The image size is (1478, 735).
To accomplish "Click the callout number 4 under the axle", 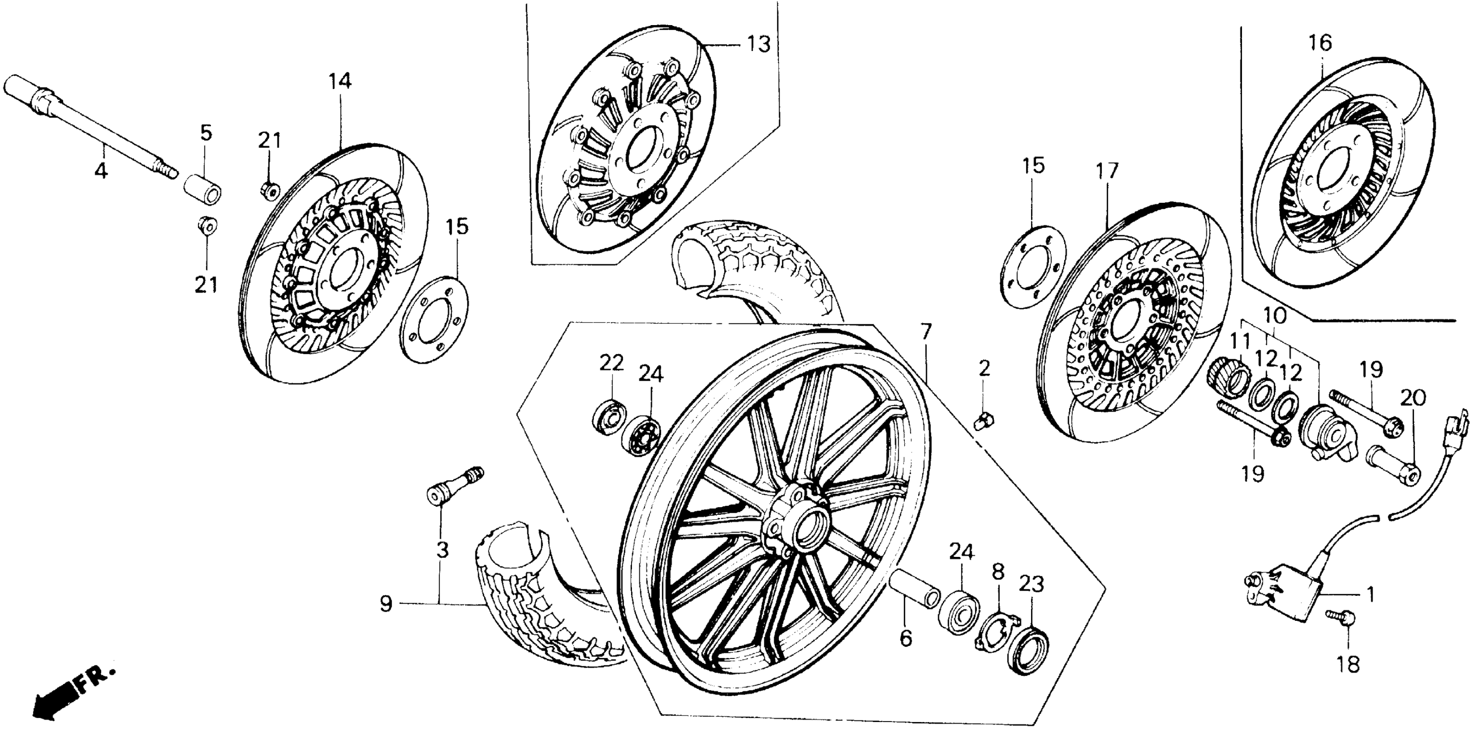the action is pyautogui.click(x=101, y=170).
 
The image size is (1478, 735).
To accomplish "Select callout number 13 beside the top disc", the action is pyautogui.click(x=759, y=44).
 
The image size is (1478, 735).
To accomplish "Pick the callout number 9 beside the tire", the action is pyautogui.click(x=386, y=604).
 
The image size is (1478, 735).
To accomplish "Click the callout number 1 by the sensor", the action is pyautogui.click(x=1369, y=595).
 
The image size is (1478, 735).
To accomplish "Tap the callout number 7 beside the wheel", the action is pyautogui.click(x=926, y=332).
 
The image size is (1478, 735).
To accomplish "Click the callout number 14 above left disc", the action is pyautogui.click(x=340, y=81).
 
